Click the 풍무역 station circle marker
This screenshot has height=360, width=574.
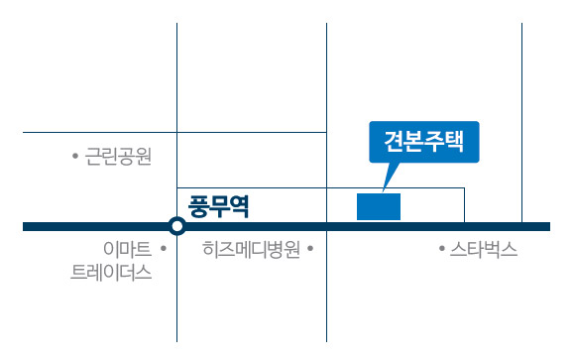click(x=177, y=226)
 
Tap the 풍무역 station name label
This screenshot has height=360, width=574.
click(x=218, y=206)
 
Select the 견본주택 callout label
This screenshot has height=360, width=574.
click(x=424, y=142)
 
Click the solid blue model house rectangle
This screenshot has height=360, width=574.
click(x=379, y=207)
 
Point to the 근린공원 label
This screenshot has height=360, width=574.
click(x=118, y=157)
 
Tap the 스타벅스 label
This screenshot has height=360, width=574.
click(x=484, y=249)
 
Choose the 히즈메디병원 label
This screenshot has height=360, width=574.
click(x=251, y=249)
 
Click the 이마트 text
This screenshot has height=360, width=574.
click(x=128, y=249)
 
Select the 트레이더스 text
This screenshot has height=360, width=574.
click(x=111, y=273)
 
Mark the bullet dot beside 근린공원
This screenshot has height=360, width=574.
click(x=75, y=157)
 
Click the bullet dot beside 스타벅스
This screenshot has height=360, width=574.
click(x=442, y=249)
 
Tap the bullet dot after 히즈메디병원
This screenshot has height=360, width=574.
click(x=310, y=249)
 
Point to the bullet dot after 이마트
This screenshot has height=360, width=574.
click(x=164, y=249)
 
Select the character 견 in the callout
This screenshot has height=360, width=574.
click(x=394, y=141)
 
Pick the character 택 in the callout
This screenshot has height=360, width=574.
click(x=454, y=141)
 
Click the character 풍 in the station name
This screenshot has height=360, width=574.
click(x=198, y=206)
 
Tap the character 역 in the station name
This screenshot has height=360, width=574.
click(x=239, y=206)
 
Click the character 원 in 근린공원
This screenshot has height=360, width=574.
click(x=143, y=157)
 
